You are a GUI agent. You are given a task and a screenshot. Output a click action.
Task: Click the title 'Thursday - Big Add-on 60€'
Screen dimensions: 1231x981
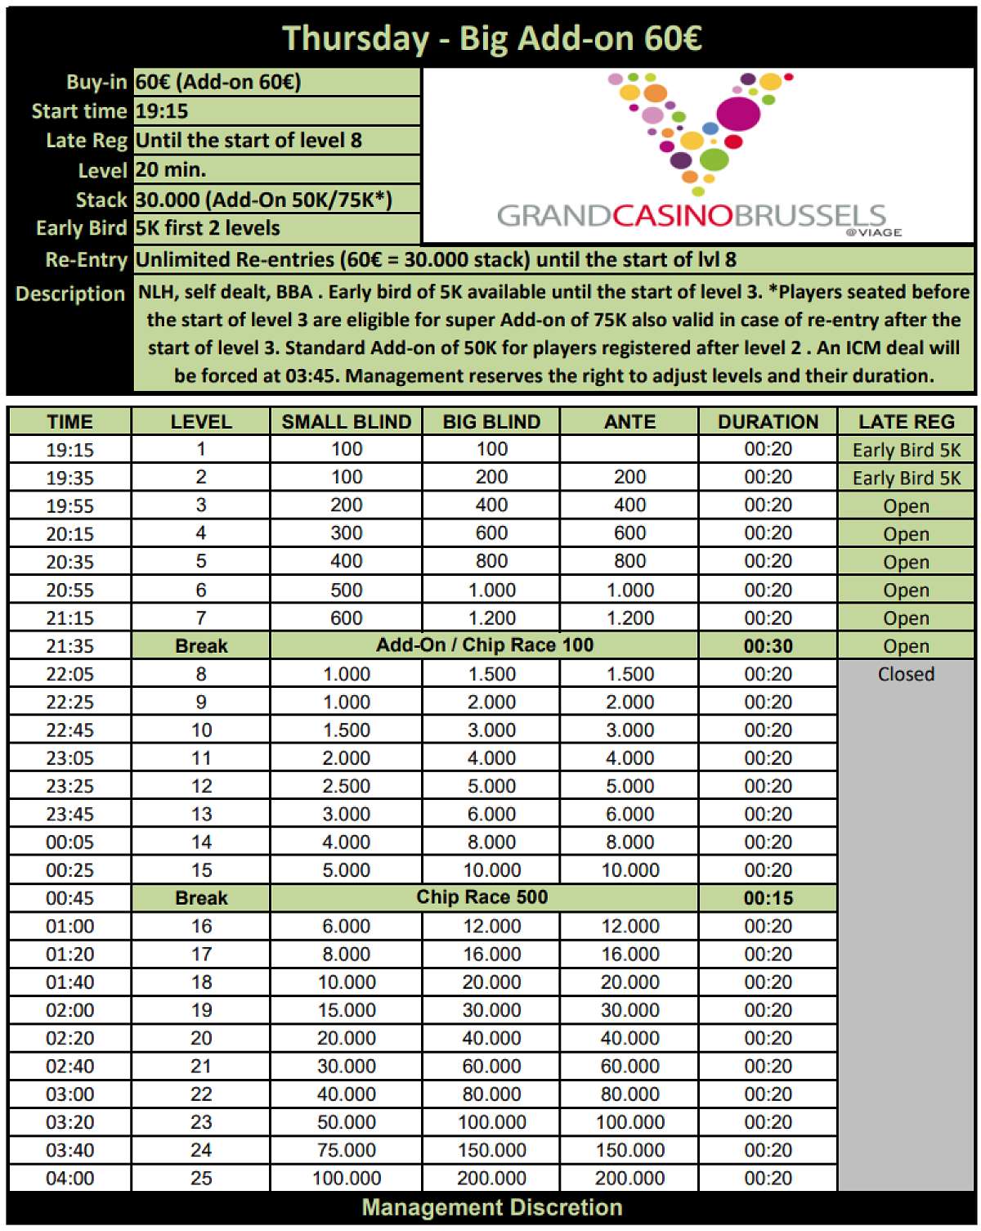click(x=491, y=38)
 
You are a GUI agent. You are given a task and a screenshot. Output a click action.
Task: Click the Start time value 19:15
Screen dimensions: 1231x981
click(x=162, y=111)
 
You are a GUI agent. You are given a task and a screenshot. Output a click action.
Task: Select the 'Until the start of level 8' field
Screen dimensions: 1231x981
click(x=249, y=141)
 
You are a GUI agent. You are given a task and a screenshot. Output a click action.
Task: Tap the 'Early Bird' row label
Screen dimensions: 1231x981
click(x=81, y=228)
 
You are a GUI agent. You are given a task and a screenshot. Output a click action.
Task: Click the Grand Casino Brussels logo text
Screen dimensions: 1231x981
click(x=691, y=216)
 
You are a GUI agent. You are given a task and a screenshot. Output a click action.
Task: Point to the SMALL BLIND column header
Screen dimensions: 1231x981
click(x=346, y=422)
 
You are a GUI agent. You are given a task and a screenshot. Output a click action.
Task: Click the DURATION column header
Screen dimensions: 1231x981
click(x=768, y=422)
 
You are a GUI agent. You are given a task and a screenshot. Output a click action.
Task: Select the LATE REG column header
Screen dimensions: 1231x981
click(x=906, y=422)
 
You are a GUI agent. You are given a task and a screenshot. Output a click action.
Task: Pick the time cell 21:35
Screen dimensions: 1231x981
click(x=69, y=646)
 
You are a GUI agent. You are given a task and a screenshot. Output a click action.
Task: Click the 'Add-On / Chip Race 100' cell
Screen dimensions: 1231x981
click(x=484, y=645)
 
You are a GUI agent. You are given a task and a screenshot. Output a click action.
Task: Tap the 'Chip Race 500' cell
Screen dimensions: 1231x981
click(x=482, y=897)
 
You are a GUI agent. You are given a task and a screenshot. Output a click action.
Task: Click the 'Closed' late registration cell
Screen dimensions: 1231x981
click(x=906, y=674)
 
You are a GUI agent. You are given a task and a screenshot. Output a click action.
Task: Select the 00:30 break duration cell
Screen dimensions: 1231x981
click(x=768, y=646)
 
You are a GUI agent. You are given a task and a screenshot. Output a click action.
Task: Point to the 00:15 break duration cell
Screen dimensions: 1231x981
click(x=768, y=898)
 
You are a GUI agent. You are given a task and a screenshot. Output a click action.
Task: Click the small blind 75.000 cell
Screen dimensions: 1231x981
click(x=346, y=1150)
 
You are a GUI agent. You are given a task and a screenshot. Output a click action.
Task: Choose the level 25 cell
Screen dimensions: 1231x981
click(x=201, y=1179)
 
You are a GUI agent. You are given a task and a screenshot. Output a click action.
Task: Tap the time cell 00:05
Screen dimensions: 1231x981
click(x=69, y=842)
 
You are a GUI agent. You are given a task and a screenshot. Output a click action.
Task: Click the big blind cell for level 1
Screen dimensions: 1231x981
click(x=491, y=449)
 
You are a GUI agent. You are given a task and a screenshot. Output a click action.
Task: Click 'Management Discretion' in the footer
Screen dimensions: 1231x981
click(x=491, y=1208)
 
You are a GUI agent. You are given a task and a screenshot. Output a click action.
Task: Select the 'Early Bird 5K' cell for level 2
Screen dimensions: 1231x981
click(x=906, y=478)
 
